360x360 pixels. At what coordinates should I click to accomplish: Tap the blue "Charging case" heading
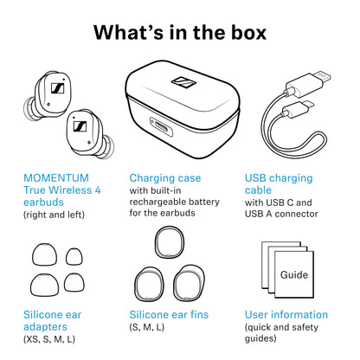click(x=164, y=178)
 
